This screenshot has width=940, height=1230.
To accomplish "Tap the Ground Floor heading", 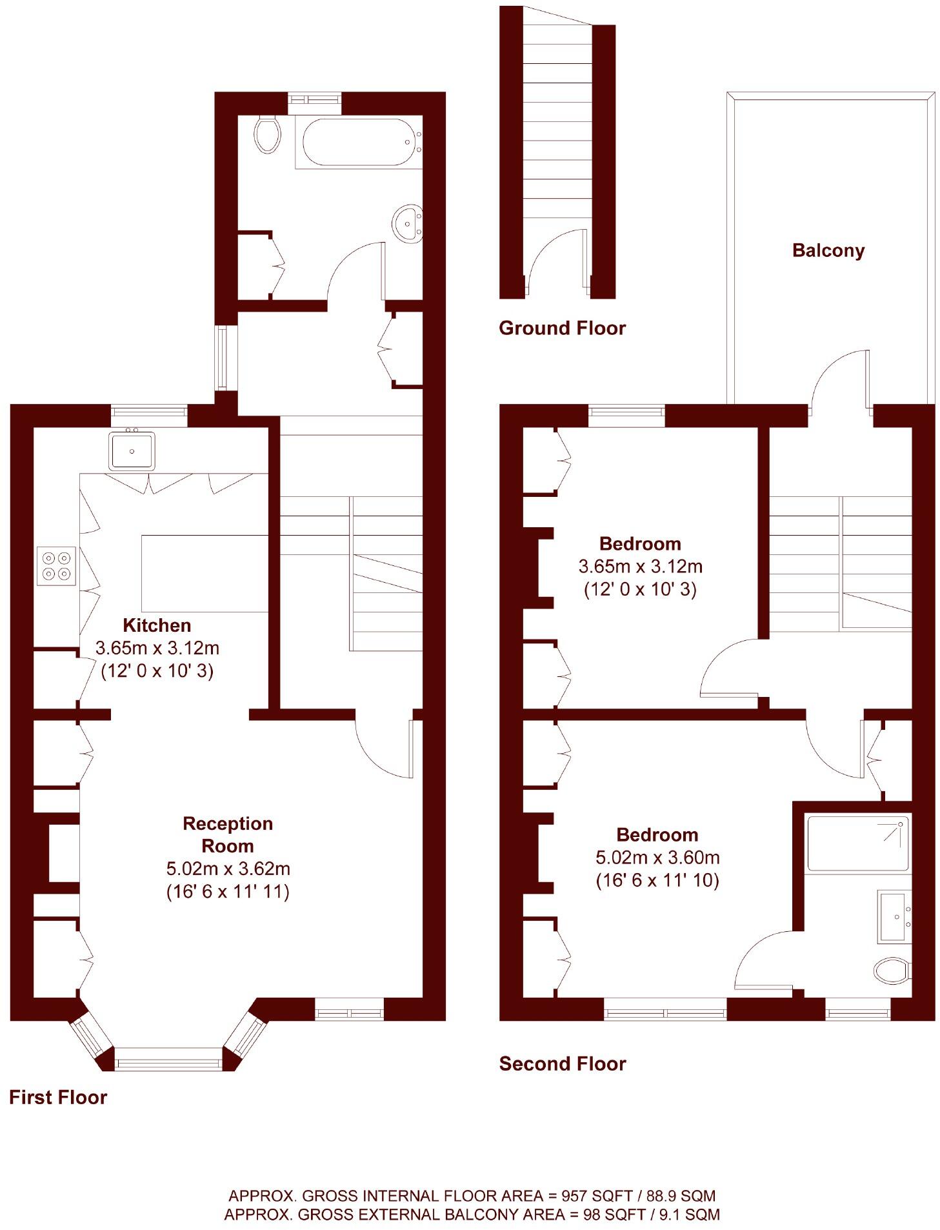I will pos(561,328).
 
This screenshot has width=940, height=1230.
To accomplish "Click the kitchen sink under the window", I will pos(132,450).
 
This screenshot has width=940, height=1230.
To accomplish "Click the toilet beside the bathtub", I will pos(266,134).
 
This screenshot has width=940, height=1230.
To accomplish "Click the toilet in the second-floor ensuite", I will pos(892,969).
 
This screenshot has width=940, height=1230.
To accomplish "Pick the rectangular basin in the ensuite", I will pos(894,916).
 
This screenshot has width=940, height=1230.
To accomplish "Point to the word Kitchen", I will pos(157,625).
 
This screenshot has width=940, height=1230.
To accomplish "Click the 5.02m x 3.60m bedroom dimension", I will pos(657,857).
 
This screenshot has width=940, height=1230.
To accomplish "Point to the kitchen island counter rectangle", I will pos(205,572).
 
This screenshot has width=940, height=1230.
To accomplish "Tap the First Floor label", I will pos(58,1096).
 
